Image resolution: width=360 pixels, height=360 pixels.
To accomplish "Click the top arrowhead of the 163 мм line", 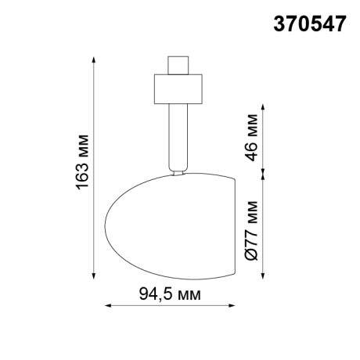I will click(x=95, y=59).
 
